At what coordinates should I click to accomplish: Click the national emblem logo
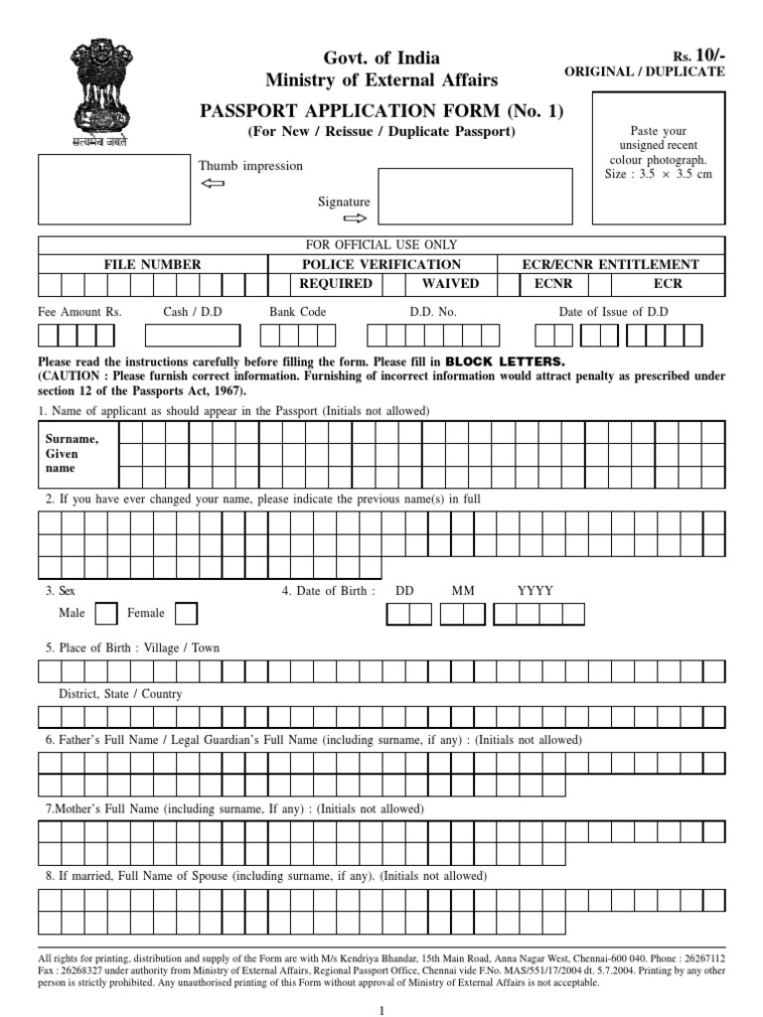pyautogui.click(x=97, y=93)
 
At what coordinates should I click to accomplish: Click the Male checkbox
pyautogui.click(x=105, y=614)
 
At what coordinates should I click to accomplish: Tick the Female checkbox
pyautogui.click(x=185, y=614)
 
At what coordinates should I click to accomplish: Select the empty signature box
pyautogui.click(x=475, y=196)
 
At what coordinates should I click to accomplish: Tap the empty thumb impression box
pyautogui.click(x=107, y=188)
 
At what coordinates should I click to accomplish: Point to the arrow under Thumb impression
pyautogui.click(x=213, y=185)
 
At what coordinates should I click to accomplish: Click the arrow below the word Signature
pyautogui.click(x=355, y=218)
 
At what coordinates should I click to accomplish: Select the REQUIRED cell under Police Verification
pyautogui.click(x=336, y=283)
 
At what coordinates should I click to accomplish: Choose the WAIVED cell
pyautogui.click(x=450, y=283)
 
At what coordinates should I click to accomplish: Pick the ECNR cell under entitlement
pyautogui.click(x=553, y=283)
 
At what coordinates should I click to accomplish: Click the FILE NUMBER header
pyautogui.click(x=153, y=264)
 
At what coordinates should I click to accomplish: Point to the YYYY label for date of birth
pyautogui.click(x=535, y=590)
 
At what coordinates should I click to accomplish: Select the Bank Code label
pyautogui.click(x=298, y=312)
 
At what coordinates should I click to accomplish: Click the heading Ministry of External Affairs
pyautogui.click(x=381, y=80)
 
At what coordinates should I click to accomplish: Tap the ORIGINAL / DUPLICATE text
pyautogui.click(x=644, y=72)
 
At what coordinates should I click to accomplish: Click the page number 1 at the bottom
pyautogui.click(x=381, y=1009)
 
